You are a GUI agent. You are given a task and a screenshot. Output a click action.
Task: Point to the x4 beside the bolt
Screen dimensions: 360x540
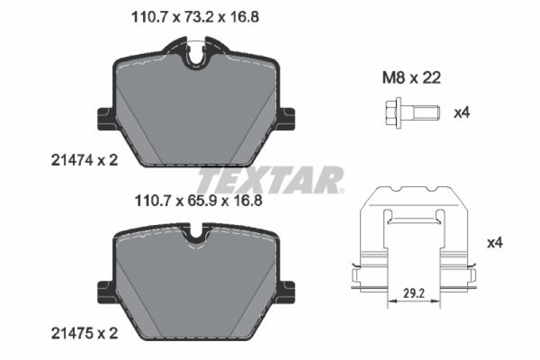point(461,112)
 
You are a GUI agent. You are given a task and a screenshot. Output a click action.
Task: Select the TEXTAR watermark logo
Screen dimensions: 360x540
point(270,180)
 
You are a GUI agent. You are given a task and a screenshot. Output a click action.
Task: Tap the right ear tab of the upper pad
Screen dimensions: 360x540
point(289,119)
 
